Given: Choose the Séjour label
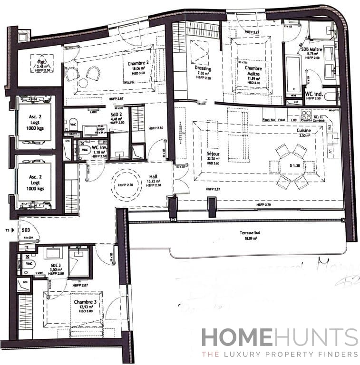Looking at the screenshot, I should click(x=213, y=155).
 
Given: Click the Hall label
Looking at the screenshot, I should click(x=154, y=175).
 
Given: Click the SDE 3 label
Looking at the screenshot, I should click(x=56, y=265).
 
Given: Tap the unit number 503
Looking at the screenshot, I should click(x=27, y=229).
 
